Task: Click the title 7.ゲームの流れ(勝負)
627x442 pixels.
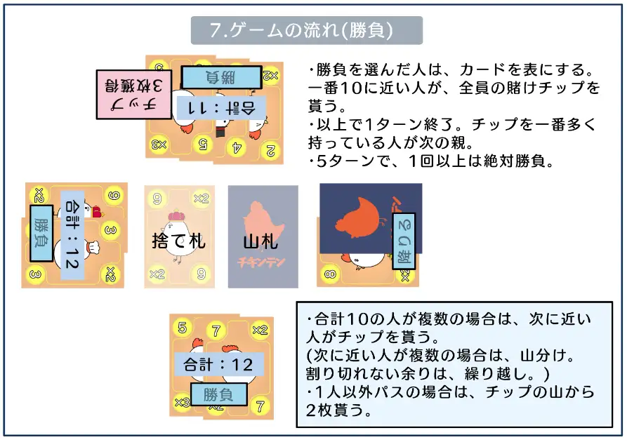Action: [x=307, y=31]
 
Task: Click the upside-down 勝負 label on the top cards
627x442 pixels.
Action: [x=221, y=76]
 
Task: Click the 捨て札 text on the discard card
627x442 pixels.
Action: [x=178, y=241]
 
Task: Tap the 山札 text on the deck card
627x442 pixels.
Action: [x=261, y=243]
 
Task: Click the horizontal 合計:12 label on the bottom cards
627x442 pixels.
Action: [x=218, y=365]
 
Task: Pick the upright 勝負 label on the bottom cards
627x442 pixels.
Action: [x=218, y=395]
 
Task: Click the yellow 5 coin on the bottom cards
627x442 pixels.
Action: [x=183, y=328]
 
